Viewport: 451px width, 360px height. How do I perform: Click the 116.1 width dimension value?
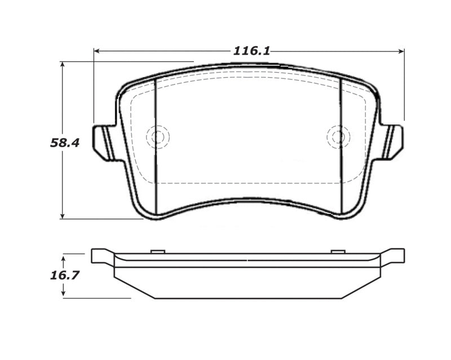pyautogui.click(x=251, y=51)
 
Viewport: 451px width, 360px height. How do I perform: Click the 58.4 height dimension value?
pyautogui.click(x=65, y=143)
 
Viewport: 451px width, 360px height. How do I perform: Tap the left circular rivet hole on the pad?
pyautogui.click(x=157, y=137)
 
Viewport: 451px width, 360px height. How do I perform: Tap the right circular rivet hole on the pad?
pyautogui.click(x=338, y=137)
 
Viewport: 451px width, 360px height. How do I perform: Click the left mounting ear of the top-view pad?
pyautogui.click(x=103, y=143)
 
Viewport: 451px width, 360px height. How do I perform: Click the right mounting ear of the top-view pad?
pyautogui.click(x=393, y=141)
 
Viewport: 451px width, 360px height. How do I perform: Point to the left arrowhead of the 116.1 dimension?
pyautogui.click(x=96, y=51)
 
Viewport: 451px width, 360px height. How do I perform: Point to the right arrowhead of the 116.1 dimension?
pyautogui.click(x=401, y=51)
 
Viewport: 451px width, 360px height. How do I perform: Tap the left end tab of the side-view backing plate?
pyautogui.click(x=100, y=256)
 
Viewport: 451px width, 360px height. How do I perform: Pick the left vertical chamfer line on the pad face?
pyautogui.click(x=155, y=146)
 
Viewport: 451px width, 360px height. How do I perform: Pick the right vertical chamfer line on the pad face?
pyautogui.click(x=341, y=146)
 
